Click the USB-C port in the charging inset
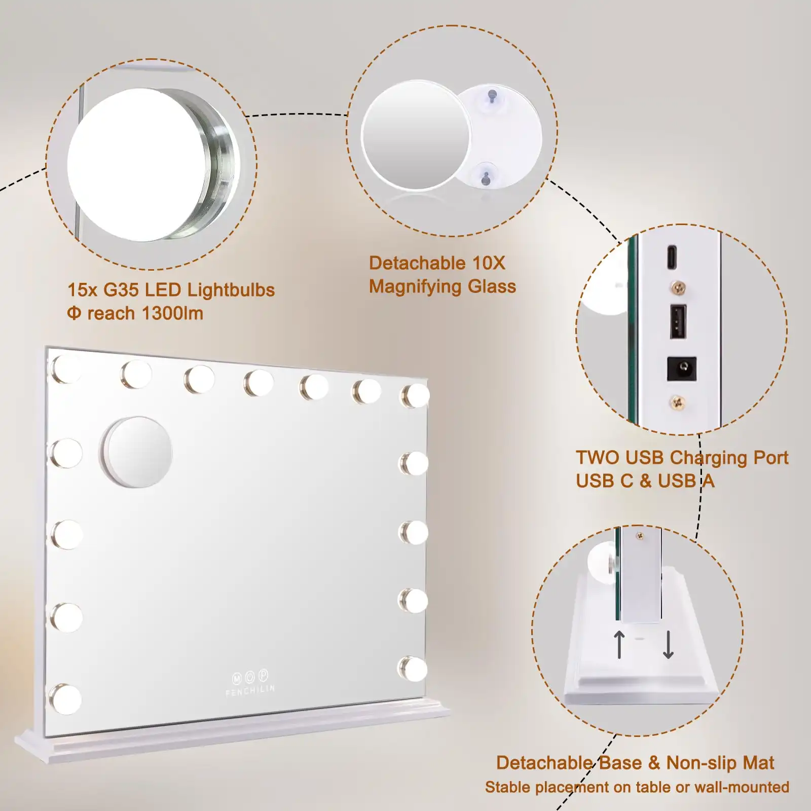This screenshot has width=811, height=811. coord(672,257)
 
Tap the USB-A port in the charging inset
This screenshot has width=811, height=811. coord(678,321)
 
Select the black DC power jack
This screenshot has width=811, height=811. coord(681,368)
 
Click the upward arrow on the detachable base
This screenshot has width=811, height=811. coord(619,644)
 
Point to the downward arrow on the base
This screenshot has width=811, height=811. coord(668,644)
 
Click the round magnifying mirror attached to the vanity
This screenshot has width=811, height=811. coord(137,452)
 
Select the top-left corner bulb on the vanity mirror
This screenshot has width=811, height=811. coord(66,368)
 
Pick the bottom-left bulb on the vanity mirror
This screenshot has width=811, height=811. coord(66,699)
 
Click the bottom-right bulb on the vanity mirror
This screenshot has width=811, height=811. coord(413,669)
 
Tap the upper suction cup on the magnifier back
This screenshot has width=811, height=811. coord(492,96)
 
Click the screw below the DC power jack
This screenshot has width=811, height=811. coord(677,403)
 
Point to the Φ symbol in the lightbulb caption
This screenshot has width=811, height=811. coord(74,313)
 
